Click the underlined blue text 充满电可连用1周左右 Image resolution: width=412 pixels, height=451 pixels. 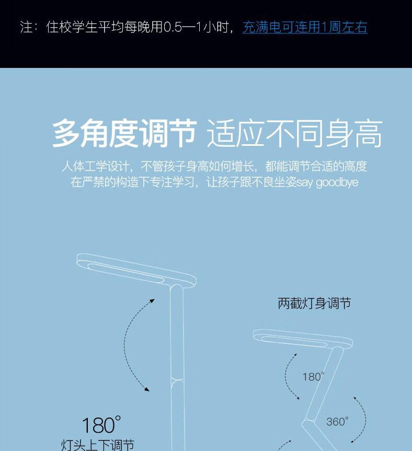click(305, 27)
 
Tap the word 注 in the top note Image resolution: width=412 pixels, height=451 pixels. click(26, 27)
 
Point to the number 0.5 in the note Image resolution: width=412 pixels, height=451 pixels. click(173, 27)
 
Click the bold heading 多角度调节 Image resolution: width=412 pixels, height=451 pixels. click(124, 133)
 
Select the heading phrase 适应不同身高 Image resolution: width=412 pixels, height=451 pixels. click(294, 133)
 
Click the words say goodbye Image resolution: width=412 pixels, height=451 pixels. click(327, 182)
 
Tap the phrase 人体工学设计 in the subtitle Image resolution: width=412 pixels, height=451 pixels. click(95, 166)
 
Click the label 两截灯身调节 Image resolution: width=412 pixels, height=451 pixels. click(314, 304)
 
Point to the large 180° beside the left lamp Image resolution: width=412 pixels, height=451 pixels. click(101, 424)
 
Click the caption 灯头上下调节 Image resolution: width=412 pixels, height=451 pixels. click(98, 445)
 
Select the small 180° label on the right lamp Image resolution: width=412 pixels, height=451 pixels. click(313, 376)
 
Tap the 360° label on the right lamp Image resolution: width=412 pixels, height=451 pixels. click(337, 422)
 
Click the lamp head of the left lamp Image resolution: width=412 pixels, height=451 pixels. click(136, 270)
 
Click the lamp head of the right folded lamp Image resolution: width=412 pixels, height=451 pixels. click(303, 339)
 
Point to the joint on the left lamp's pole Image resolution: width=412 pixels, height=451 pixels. click(177, 380)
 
